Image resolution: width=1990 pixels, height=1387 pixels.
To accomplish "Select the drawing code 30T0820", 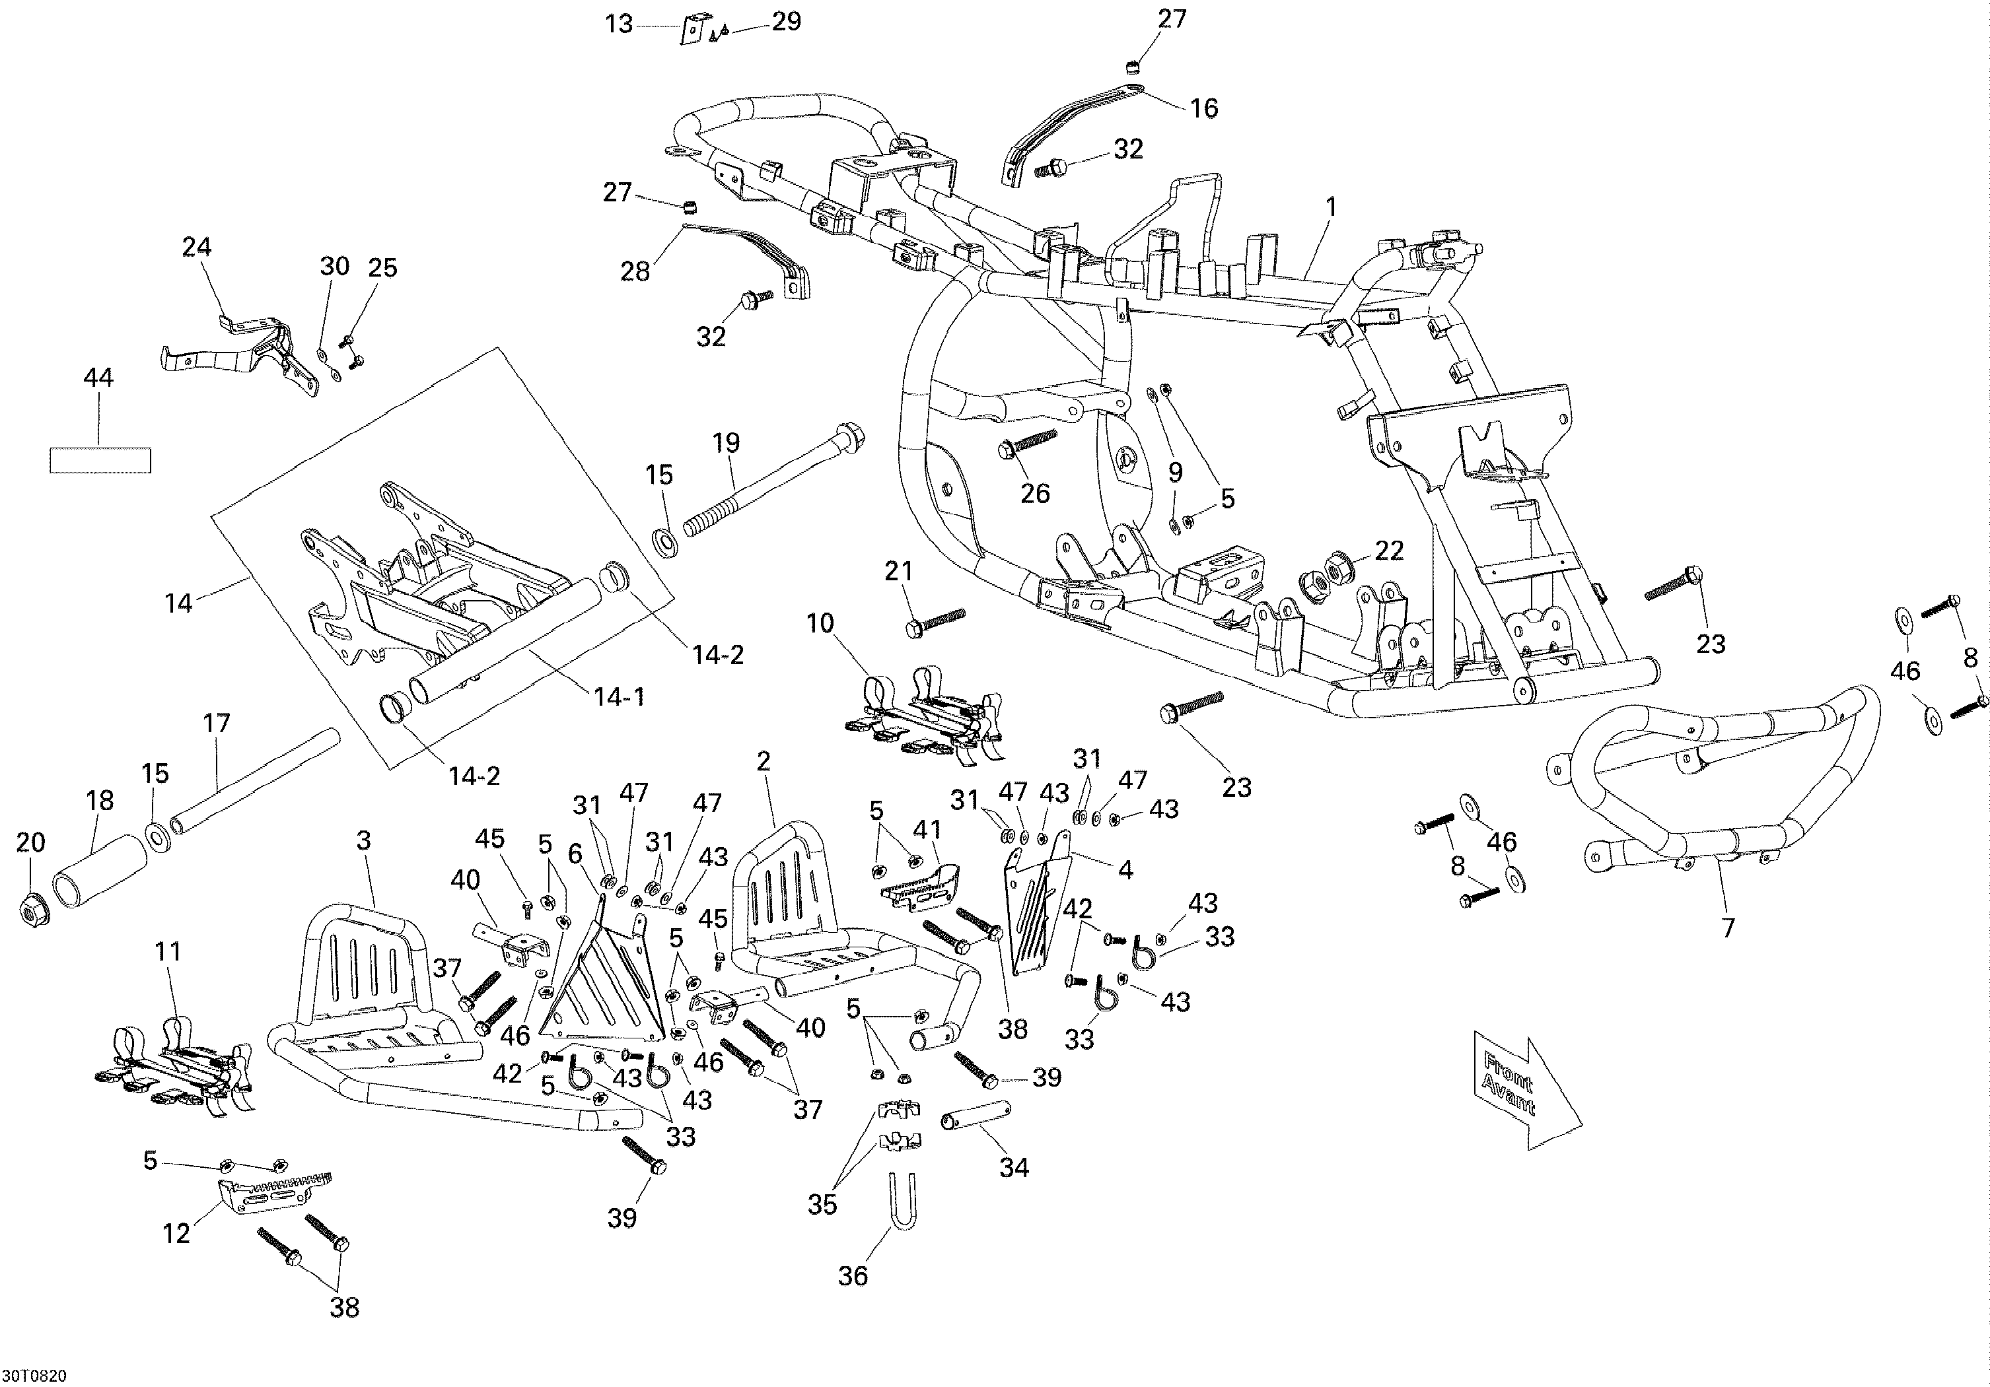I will pyautogui.click(x=34, y=1376).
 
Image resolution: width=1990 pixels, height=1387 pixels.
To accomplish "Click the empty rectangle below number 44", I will pyautogui.click(x=100, y=460).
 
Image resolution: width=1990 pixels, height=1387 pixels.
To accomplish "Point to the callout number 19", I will pyautogui.click(x=727, y=443).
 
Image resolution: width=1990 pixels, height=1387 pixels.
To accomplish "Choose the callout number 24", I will pyautogui.click(x=197, y=247).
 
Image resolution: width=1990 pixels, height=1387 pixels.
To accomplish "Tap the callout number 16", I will pyautogui.click(x=1204, y=108).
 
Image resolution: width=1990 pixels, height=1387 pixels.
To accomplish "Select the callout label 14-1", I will pyautogui.click(x=620, y=696).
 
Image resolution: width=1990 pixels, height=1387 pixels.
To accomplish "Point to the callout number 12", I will pyautogui.click(x=176, y=1234).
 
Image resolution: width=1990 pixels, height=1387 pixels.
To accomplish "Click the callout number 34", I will pyautogui.click(x=1014, y=1168).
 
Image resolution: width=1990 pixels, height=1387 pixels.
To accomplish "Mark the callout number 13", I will pyautogui.click(x=619, y=24).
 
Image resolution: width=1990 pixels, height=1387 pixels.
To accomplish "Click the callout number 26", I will pyautogui.click(x=1035, y=493).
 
